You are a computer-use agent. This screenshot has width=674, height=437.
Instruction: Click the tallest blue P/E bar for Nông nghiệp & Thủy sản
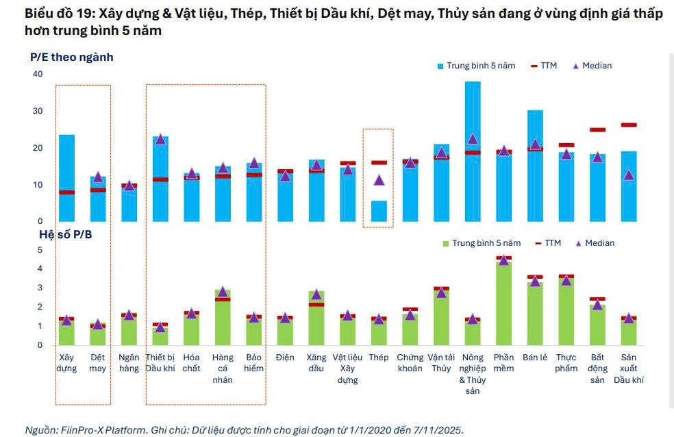[x=473, y=151]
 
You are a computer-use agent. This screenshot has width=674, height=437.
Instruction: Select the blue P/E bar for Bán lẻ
[x=535, y=168]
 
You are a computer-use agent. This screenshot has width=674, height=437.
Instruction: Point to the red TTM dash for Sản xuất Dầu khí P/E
[x=629, y=125]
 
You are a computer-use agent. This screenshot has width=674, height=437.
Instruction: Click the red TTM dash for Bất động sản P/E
[x=597, y=129]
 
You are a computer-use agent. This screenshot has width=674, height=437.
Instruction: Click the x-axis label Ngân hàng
[x=129, y=363]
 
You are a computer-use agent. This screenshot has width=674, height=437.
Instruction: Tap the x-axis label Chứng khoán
[x=410, y=363]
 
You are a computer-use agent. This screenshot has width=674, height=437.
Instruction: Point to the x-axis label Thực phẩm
[x=566, y=363]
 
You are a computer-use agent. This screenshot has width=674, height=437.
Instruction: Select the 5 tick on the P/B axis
[x=39, y=250]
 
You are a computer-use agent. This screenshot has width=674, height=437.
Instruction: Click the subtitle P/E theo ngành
[x=71, y=57]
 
